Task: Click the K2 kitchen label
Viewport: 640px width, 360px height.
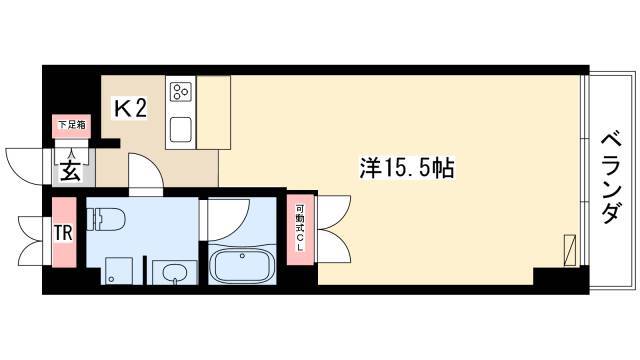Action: coord(130,109)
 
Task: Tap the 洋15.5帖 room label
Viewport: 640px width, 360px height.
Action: coord(407,168)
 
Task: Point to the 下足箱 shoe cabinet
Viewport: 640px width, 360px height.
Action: coord(72,126)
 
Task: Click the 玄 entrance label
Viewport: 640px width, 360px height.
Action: coord(70,172)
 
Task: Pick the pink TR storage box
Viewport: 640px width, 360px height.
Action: coord(64,232)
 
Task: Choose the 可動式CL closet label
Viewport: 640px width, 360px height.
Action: coord(300,229)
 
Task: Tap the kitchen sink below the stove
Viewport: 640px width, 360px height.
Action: coord(181,129)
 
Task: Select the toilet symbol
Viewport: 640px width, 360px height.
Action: coord(107,218)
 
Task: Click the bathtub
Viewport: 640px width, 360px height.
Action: coord(242,265)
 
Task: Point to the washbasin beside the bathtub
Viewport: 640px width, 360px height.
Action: coord(175,272)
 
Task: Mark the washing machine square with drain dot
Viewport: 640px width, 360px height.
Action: coord(119,271)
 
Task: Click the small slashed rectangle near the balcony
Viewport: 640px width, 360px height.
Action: coord(570,250)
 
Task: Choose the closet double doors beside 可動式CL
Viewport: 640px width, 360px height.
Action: coord(334,229)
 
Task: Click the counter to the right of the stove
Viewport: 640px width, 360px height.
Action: coord(213,112)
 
